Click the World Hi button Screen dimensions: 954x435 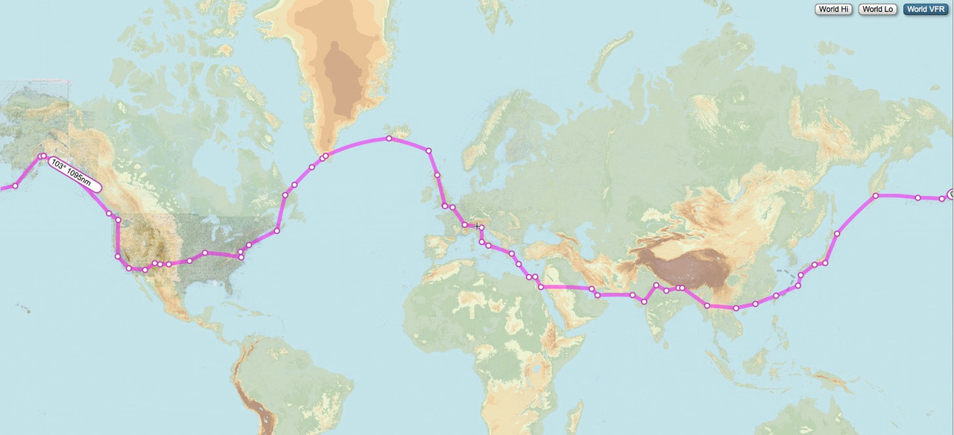(x=833, y=10)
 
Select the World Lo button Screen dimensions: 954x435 (x=877, y=10)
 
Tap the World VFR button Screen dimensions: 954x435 (x=926, y=10)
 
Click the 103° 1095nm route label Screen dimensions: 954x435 (x=75, y=174)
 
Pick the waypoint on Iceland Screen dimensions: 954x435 (x=389, y=139)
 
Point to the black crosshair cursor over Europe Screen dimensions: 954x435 (x=477, y=226)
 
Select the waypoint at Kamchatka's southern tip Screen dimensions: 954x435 (x=876, y=196)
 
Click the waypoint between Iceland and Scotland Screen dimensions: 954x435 (x=429, y=150)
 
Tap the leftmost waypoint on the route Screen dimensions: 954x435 (x=15, y=185)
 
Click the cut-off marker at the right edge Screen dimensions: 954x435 (x=951, y=194)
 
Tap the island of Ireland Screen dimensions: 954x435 (x=429, y=203)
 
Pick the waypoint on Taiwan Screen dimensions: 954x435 (x=776, y=296)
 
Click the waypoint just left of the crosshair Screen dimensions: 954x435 (x=465, y=224)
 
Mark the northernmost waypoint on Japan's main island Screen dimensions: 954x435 (x=837, y=234)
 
